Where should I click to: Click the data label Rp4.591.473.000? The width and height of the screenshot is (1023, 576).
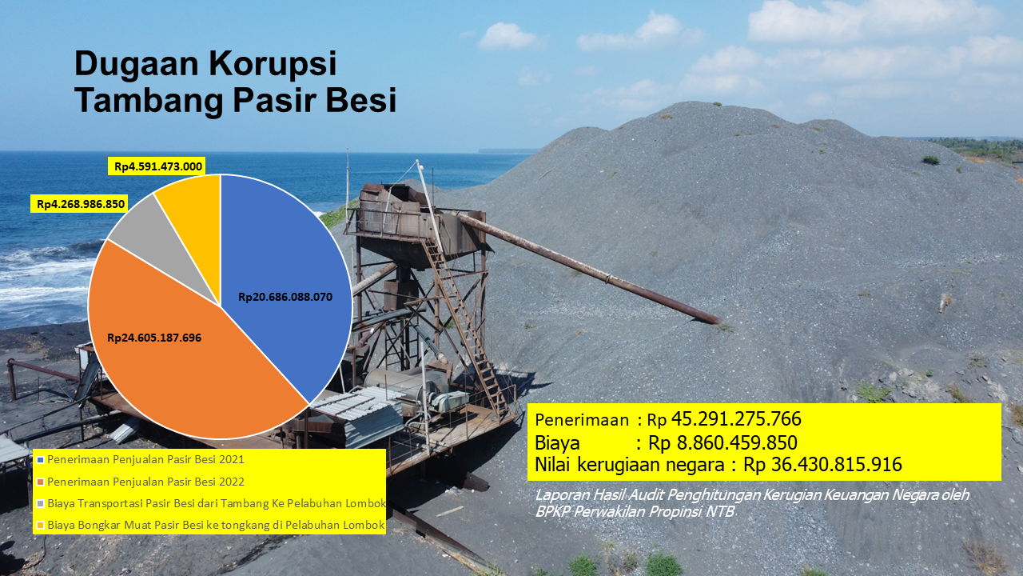point(158,166)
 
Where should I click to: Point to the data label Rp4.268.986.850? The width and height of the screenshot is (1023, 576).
point(81,204)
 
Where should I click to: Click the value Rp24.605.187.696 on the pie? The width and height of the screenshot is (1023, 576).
point(154,338)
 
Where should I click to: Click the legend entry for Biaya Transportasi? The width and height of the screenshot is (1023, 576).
point(211,503)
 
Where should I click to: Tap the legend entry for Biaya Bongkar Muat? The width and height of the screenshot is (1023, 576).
point(210,526)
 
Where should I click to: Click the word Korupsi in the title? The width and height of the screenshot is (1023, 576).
point(273,63)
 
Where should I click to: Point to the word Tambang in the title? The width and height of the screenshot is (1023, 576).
point(149,101)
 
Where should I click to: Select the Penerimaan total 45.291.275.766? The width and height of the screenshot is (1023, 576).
point(736,419)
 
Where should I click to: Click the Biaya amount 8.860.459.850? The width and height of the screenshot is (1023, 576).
point(737,442)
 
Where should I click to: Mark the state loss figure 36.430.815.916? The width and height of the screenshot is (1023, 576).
point(837,465)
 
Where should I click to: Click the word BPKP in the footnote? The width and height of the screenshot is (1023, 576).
point(552,511)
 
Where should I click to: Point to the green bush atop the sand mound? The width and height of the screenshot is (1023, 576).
point(930,159)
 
